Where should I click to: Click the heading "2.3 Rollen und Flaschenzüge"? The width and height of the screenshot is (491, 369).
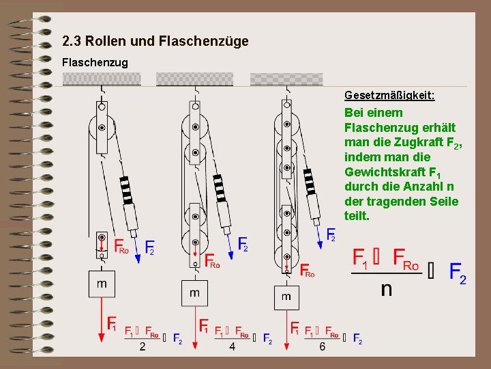(x=155, y=42)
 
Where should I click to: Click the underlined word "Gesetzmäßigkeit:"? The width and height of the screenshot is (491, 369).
(x=389, y=96)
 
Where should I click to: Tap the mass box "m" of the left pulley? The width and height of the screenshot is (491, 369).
(x=102, y=284)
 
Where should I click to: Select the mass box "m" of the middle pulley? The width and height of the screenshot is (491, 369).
(x=195, y=293)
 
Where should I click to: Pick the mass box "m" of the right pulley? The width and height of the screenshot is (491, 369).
(x=286, y=297)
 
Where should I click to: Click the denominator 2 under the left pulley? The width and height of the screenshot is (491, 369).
(x=143, y=347)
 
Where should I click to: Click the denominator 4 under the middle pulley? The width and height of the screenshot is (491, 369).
(x=233, y=347)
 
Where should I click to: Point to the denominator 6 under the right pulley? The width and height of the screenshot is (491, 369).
(x=323, y=347)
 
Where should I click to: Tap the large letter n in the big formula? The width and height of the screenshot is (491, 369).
(x=386, y=289)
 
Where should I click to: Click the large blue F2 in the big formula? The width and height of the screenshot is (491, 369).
(x=458, y=273)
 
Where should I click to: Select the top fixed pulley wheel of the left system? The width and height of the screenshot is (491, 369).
(x=102, y=127)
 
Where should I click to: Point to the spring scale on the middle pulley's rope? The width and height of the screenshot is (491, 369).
(x=220, y=188)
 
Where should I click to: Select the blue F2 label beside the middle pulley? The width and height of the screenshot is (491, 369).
(x=243, y=245)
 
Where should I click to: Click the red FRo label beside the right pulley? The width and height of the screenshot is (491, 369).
(x=307, y=271)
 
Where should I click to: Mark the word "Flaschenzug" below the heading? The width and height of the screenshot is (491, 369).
(x=95, y=62)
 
